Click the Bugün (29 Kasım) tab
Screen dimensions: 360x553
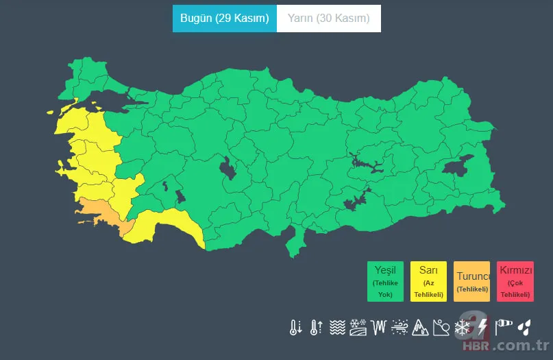coord(224,19)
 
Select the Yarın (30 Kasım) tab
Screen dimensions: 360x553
coord(328,19)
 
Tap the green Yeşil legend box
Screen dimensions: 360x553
coord(385,281)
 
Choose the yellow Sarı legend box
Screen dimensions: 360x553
coord(428,281)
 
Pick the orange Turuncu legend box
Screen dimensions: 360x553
coord(471,281)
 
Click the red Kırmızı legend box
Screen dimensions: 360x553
coord(515,281)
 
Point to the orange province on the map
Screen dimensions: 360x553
coord(99,212)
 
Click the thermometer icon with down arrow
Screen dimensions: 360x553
coord(295,327)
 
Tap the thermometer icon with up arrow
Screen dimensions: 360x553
coord(316,327)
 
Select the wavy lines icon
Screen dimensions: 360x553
coord(336,327)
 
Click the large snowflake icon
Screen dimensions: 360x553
coord(463,327)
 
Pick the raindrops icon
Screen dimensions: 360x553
coord(524,327)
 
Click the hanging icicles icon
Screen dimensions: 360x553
coord(378,327)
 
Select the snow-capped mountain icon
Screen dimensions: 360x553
coord(420,327)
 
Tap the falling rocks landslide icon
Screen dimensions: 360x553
coord(441,327)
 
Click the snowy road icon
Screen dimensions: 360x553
coord(357,327)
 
